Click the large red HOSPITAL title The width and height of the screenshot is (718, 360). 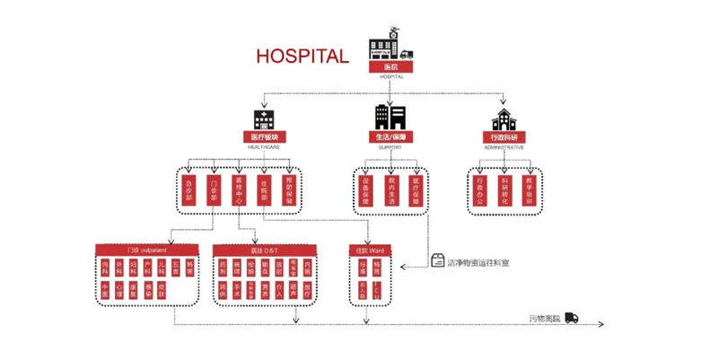302,56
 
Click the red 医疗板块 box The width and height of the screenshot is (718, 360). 263,137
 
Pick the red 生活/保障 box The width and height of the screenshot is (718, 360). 390,137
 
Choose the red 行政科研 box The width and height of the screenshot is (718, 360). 502,137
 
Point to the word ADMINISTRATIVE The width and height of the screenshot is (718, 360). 502,146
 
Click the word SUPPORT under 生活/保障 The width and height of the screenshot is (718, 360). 390,146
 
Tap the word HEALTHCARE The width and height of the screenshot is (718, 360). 263,146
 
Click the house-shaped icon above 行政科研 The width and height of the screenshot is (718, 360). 502,119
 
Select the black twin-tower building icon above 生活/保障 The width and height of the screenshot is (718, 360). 390,117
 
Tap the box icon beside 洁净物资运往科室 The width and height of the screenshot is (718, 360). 438,261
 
